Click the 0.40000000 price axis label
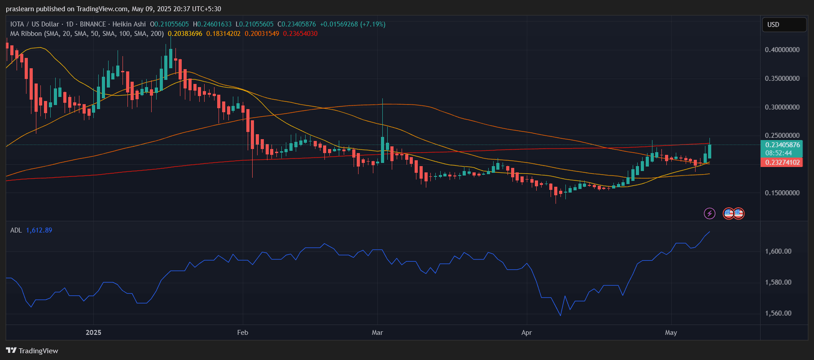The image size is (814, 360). (782, 50)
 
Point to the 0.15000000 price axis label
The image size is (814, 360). (782, 193)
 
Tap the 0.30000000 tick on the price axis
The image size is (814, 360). (782, 107)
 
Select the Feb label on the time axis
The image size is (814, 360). (242, 333)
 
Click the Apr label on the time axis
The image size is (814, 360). (526, 333)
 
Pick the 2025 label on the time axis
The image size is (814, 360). (93, 333)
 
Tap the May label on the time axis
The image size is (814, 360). (671, 333)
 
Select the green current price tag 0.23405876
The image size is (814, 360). (782, 145)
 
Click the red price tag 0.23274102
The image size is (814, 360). (782, 162)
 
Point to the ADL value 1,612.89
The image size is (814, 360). (39, 230)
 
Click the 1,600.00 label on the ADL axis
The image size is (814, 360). (778, 251)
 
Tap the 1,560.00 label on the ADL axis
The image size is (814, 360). (778, 313)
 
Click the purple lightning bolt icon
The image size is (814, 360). (709, 213)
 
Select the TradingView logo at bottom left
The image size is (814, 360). (32, 351)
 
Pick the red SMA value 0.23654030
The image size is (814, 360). (300, 34)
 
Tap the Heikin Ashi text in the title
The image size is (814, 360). (129, 24)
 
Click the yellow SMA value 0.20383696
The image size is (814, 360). (185, 34)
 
